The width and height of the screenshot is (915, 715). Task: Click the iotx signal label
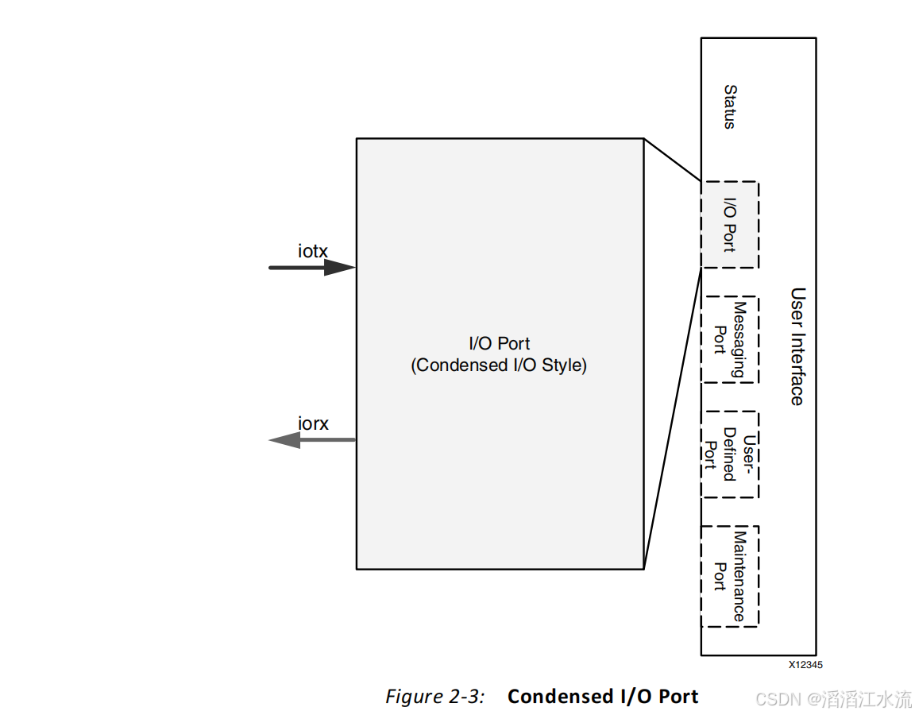pyautogui.click(x=312, y=252)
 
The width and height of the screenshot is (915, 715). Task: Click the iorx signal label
pyautogui.click(x=313, y=424)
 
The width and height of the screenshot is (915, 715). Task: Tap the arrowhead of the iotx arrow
pyautogui.click(x=339, y=268)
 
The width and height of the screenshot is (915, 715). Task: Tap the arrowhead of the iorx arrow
pyautogui.click(x=284, y=439)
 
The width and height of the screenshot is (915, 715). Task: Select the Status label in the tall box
pyautogui.click(x=729, y=107)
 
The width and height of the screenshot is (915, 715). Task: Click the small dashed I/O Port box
pyautogui.click(x=729, y=225)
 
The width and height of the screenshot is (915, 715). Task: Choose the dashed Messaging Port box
pyautogui.click(x=729, y=340)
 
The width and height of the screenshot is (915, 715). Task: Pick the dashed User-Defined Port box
pyautogui.click(x=729, y=454)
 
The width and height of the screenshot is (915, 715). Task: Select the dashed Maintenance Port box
pyautogui.click(x=729, y=576)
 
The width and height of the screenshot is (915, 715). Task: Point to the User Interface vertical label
pyautogui.click(x=797, y=346)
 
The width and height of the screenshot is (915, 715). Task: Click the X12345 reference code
pyautogui.click(x=805, y=665)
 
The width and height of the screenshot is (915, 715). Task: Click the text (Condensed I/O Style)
pyautogui.click(x=499, y=365)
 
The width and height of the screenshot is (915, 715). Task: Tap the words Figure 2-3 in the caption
pyautogui.click(x=434, y=697)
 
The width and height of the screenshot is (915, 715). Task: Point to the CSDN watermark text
pyautogui.click(x=833, y=699)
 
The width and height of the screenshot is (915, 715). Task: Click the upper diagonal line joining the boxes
pyautogui.click(x=672, y=160)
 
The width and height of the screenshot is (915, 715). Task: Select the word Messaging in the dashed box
pyautogui.click(x=739, y=340)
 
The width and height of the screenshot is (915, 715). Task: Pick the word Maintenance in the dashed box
pyautogui.click(x=739, y=576)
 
